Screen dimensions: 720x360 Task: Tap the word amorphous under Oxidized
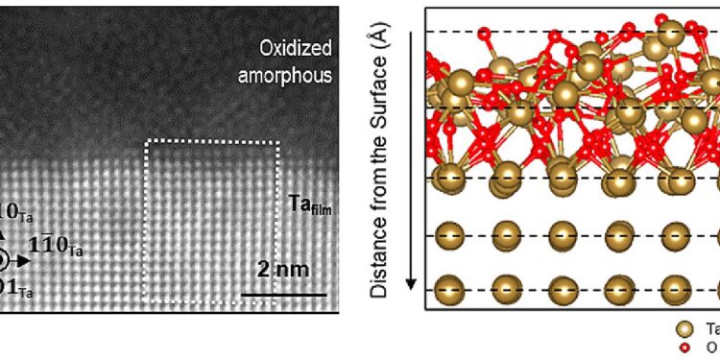(284, 74)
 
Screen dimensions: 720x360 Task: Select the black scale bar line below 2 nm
(283, 295)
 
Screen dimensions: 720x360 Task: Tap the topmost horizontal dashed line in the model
(566, 32)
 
